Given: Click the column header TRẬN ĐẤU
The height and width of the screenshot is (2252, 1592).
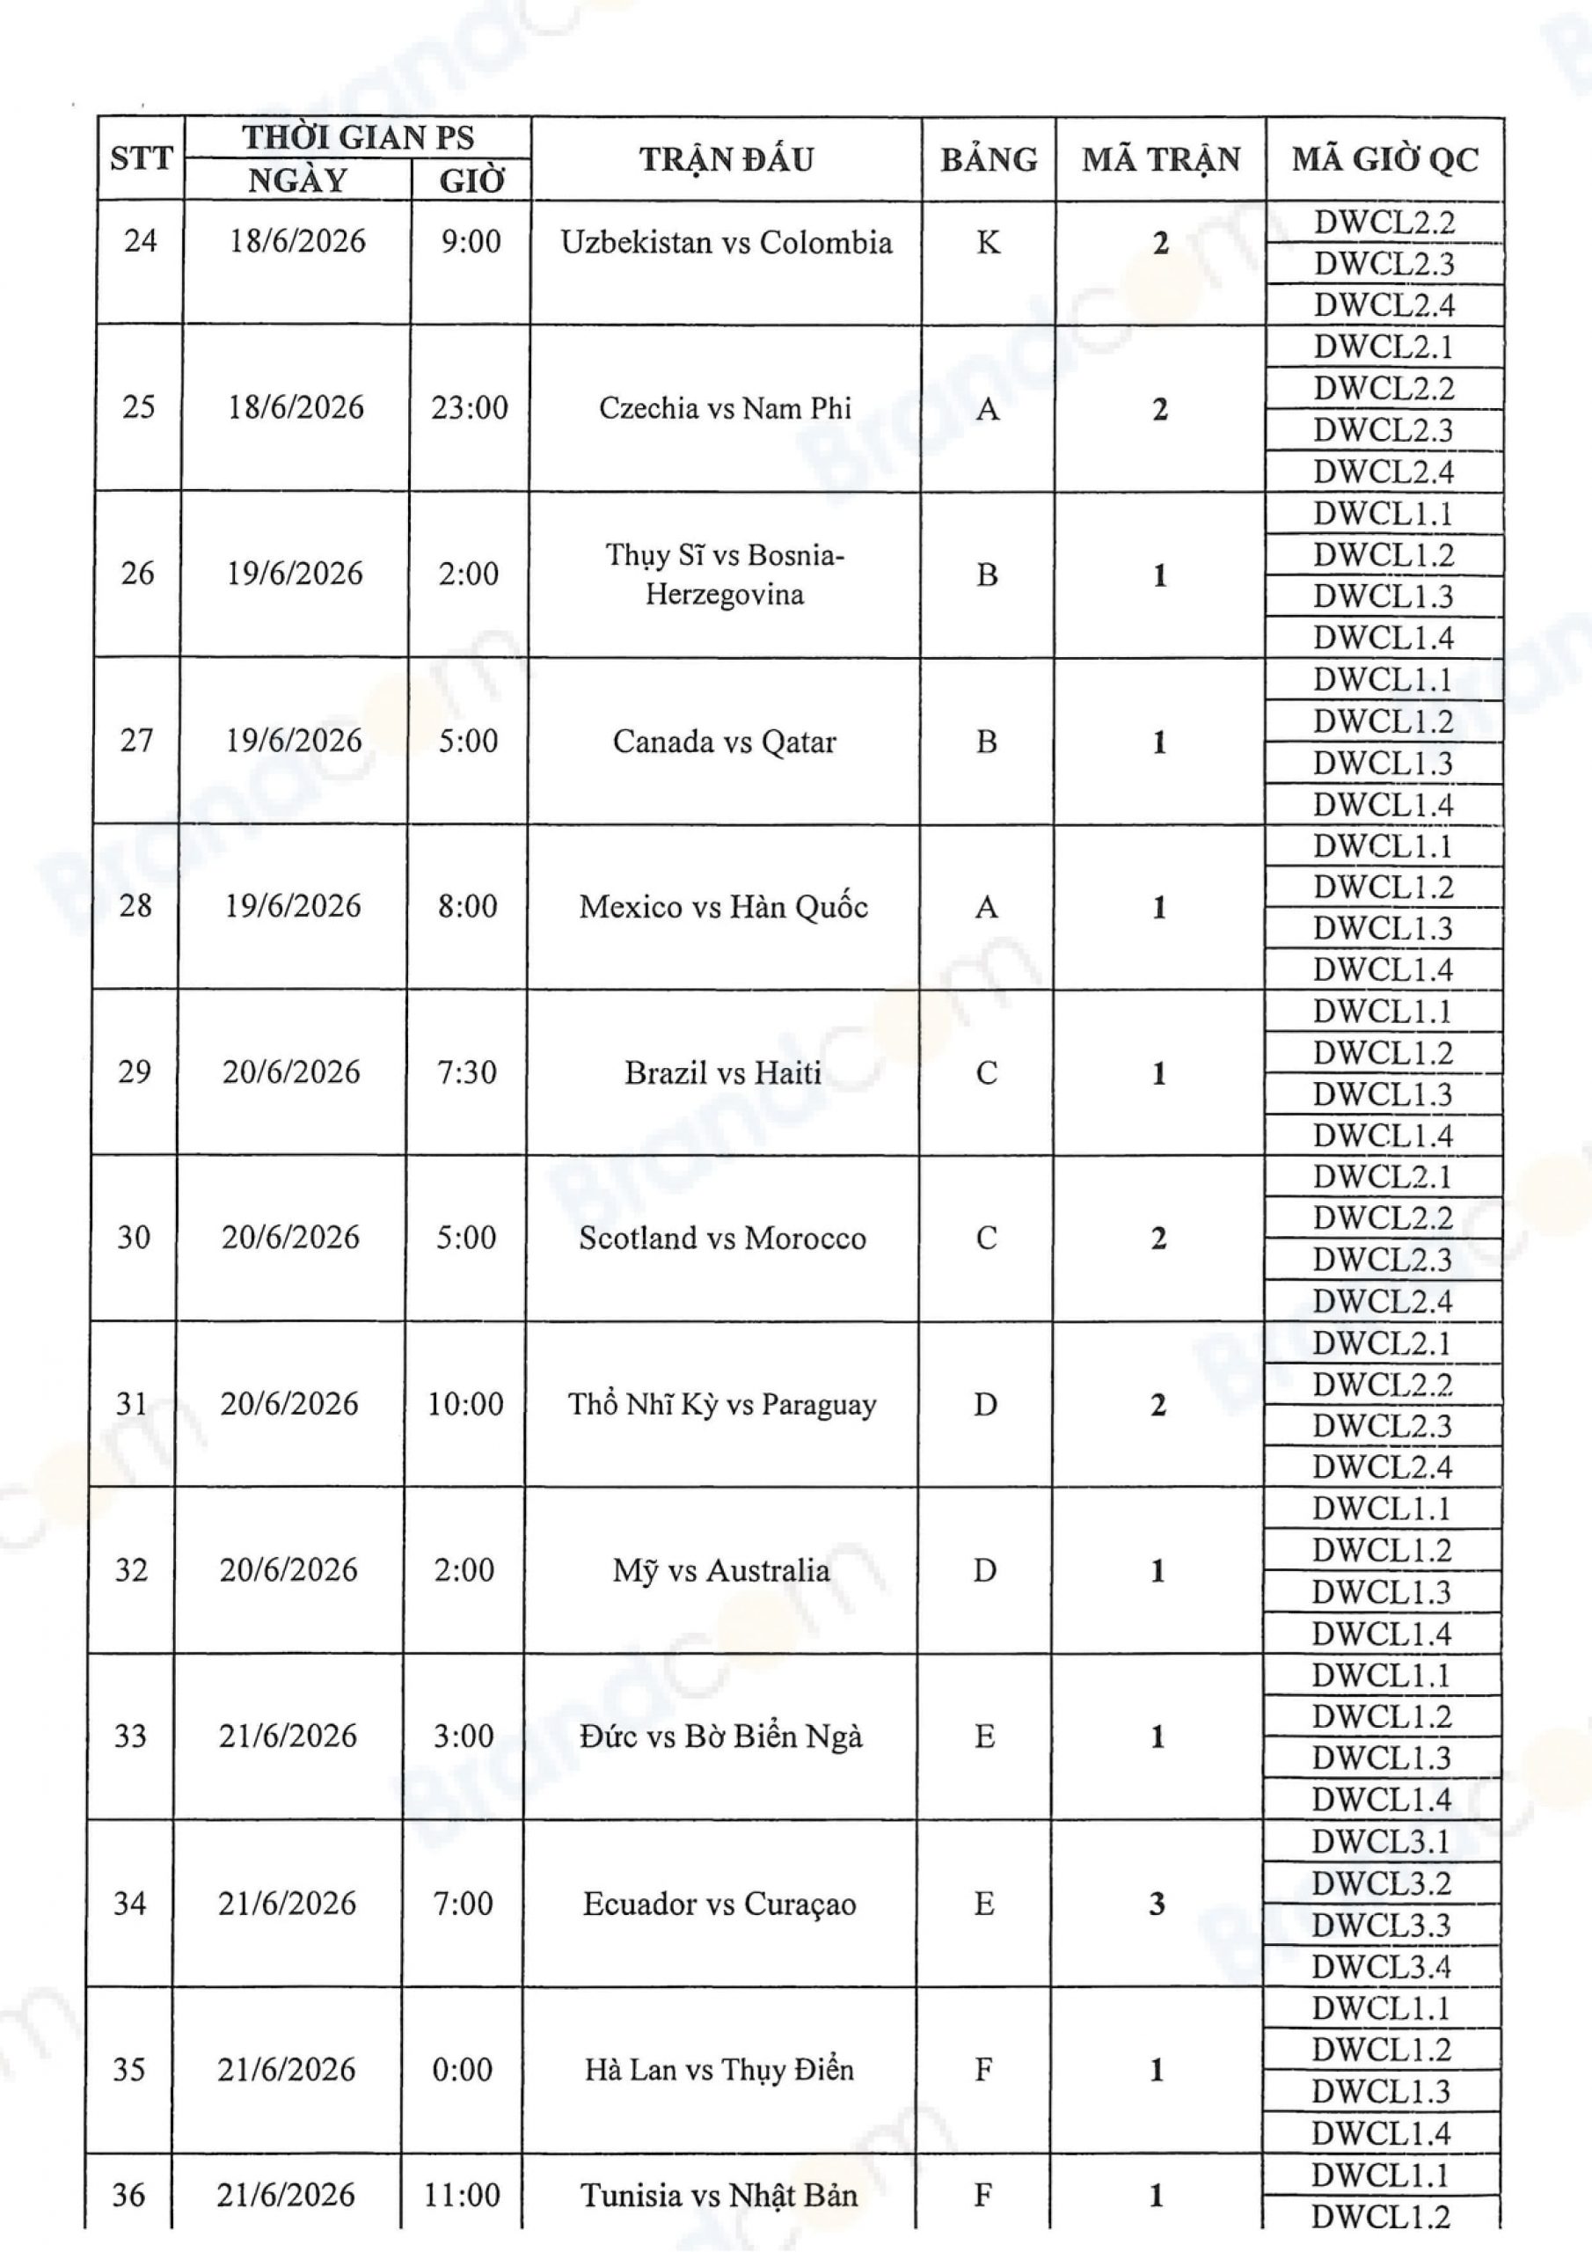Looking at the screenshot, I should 726,159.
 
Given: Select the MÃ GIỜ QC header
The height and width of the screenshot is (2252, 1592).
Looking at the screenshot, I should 1384,159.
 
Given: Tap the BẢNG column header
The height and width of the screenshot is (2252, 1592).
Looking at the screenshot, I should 989,159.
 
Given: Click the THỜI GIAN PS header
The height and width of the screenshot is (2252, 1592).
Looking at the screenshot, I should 358,137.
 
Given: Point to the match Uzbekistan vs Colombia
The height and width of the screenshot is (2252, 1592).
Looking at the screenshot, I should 726,242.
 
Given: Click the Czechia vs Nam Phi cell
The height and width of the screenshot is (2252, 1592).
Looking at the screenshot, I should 725,408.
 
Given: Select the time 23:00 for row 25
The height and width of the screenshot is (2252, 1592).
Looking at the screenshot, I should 470,408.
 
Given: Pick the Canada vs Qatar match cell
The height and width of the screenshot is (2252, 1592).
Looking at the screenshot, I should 724,742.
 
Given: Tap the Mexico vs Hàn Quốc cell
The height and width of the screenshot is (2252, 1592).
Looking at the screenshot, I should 723,906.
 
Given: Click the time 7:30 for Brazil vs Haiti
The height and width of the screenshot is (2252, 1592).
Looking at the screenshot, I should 467,1072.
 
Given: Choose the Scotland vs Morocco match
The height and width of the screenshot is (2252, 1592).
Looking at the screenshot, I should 722,1238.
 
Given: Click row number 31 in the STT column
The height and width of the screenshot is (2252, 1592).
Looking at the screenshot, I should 133,1404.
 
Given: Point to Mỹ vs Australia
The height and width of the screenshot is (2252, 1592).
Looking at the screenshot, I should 721,1570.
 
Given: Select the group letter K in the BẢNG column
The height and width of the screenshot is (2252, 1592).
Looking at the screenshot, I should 988,242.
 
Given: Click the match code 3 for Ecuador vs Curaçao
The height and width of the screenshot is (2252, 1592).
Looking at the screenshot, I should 1157,1904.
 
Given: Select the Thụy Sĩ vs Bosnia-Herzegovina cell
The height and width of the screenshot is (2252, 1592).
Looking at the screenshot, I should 724,574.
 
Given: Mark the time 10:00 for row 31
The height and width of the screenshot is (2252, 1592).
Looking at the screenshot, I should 465,1404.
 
